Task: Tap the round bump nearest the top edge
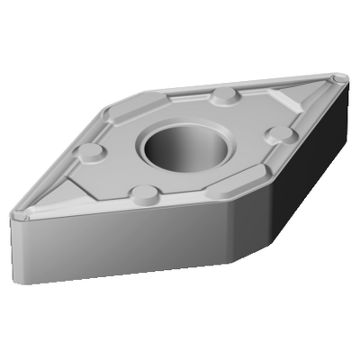[x=223, y=96]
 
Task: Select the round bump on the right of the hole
[x=281, y=134]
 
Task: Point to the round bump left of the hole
[x=90, y=152]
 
